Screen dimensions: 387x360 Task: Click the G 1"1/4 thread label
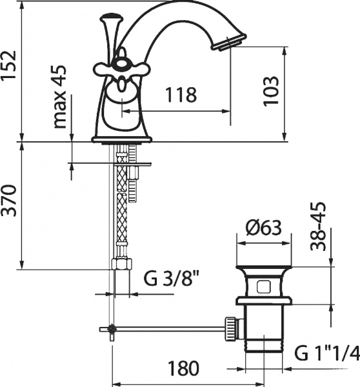click(325, 353)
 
